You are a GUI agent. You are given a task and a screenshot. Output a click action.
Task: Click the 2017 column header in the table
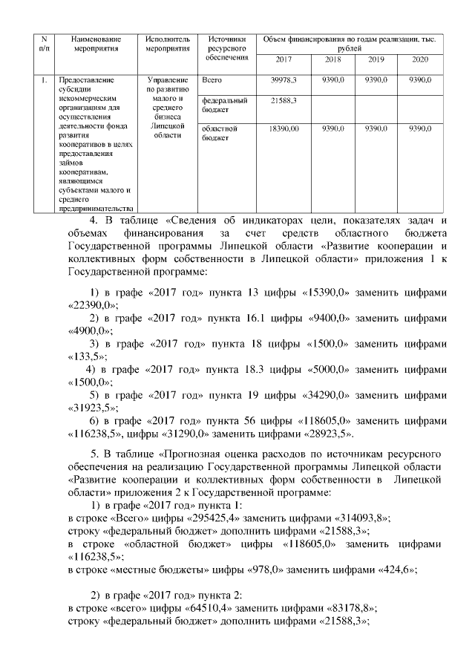click(x=284, y=59)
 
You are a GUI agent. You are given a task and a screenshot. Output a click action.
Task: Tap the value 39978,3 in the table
click(x=284, y=79)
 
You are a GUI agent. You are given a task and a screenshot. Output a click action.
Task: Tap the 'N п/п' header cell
click(x=45, y=43)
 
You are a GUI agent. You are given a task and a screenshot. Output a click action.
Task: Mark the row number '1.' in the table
click(x=45, y=79)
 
